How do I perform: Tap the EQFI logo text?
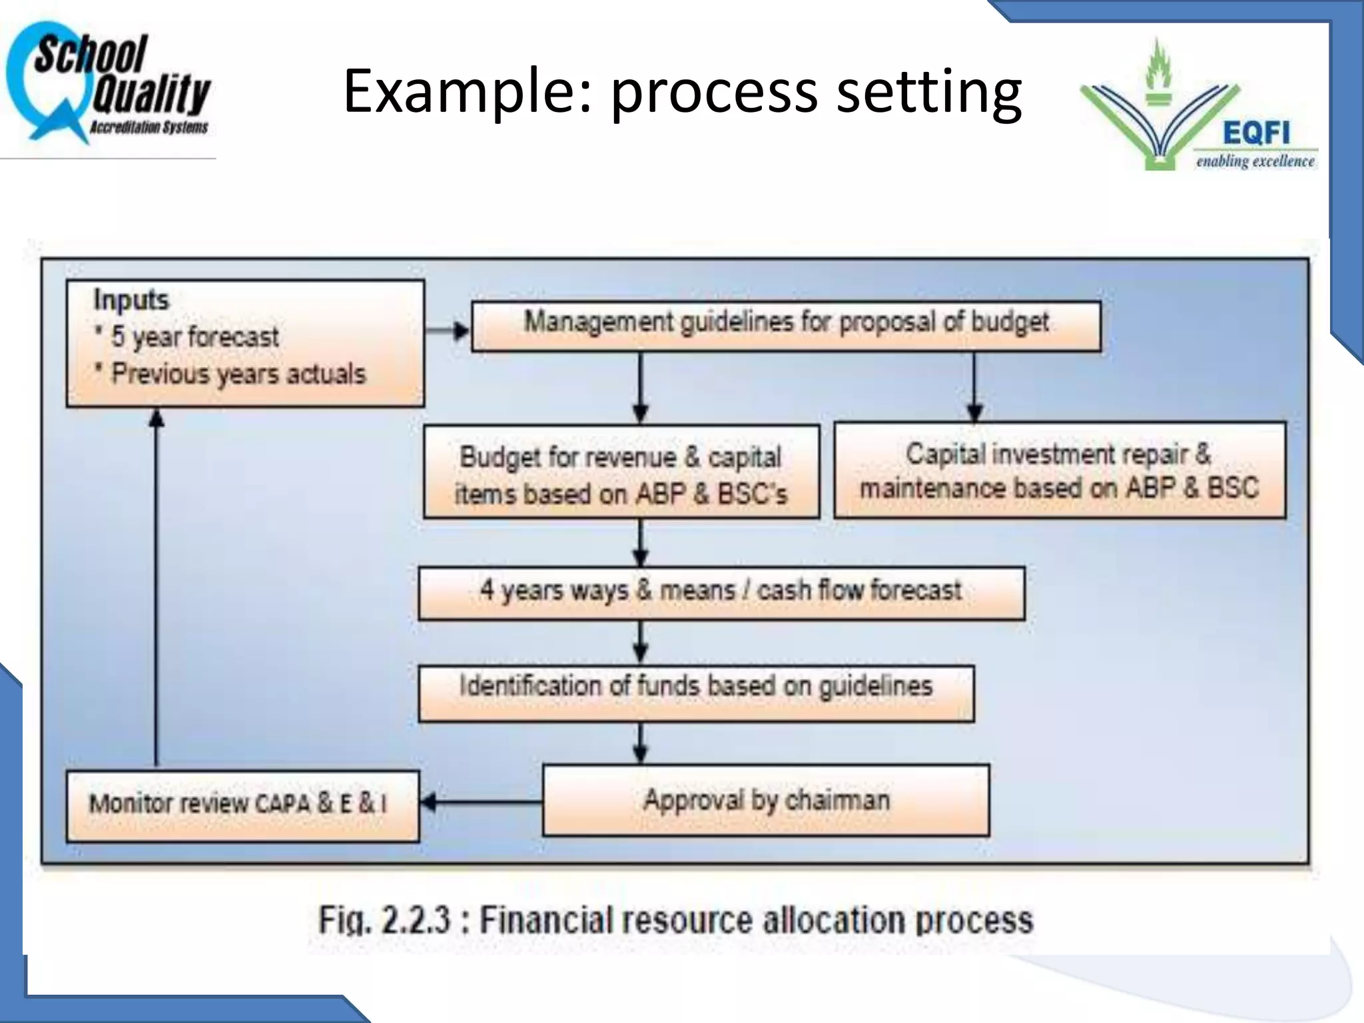click(x=1255, y=133)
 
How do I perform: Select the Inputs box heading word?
click(x=131, y=300)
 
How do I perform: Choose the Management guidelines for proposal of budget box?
click(x=786, y=326)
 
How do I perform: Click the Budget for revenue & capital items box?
click(x=621, y=472)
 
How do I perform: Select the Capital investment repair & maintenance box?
click(x=1060, y=470)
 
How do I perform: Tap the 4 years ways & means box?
click(x=721, y=592)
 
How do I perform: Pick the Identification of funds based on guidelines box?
click(x=696, y=692)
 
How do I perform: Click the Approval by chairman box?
click(x=766, y=800)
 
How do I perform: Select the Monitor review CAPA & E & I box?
click(x=242, y=805)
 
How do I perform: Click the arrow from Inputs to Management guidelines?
click(x=448, y=330)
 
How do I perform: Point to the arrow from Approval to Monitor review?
click(x=481, y=802)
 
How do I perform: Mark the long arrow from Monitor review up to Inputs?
click(x=157, y=586)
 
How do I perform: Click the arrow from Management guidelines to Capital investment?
click(x=974, y=386)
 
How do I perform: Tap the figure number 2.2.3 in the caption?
click(x=415, y=920)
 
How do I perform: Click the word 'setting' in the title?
click(x=928, y=92)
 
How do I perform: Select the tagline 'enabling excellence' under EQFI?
click(x=1255, y=162)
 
